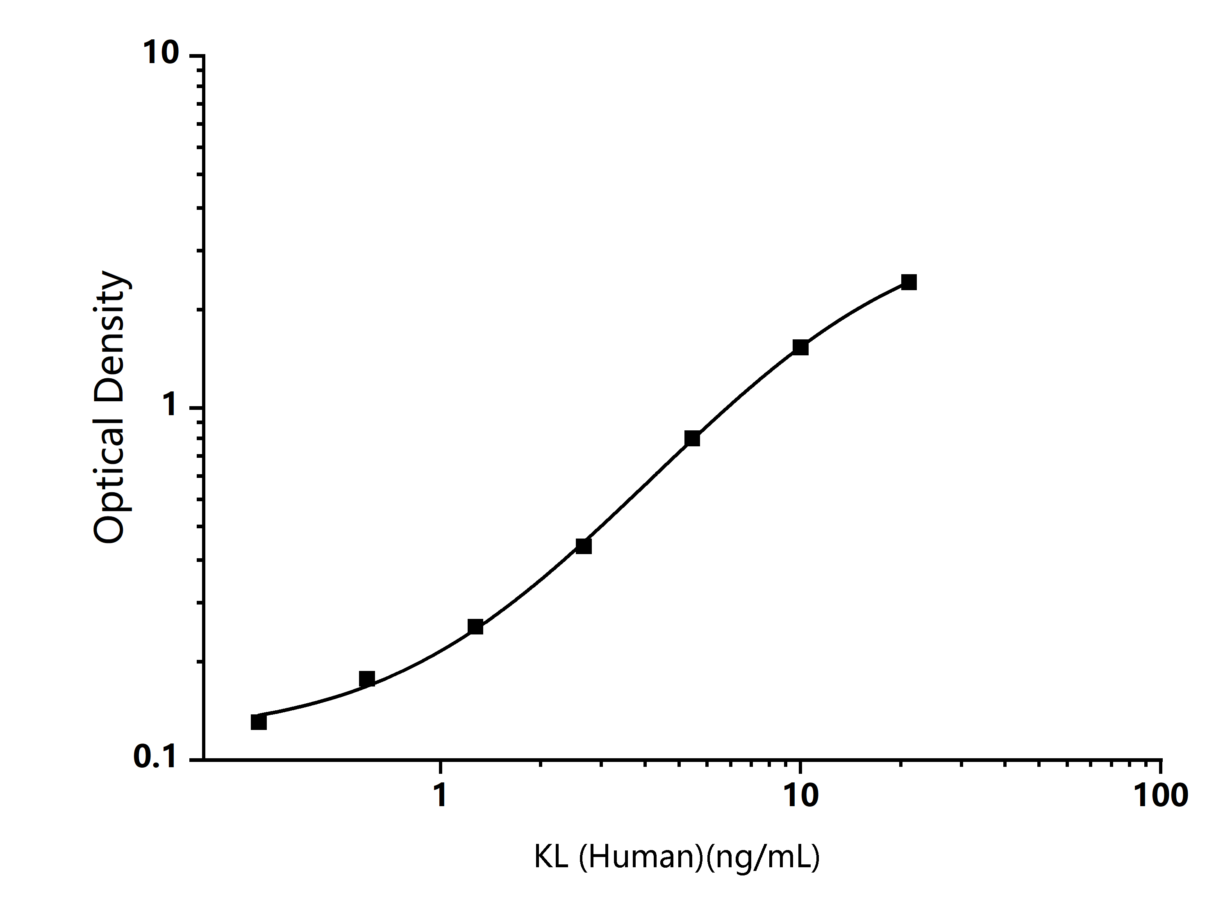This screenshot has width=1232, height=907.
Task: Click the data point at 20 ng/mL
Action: point(909,283)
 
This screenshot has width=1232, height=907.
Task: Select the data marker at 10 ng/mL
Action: point(800,348)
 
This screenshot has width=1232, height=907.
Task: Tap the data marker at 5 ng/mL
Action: point(692,439)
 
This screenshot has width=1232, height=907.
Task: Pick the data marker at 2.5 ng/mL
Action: point(584,546)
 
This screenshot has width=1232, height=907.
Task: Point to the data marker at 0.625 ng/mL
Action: point(367,679)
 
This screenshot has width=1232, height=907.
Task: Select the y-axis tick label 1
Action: point(170,406)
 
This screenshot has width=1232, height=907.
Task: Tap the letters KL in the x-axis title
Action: point(551,857)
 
